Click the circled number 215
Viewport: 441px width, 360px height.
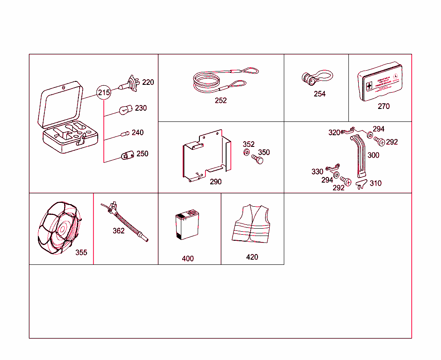pos(104,93)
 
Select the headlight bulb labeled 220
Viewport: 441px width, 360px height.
pos(129,84)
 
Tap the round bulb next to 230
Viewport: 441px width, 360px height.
pos(125,110)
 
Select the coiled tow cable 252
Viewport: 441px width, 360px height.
pos(220,81)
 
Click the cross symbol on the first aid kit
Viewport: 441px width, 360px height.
pos(369,86)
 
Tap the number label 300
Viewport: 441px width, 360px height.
pos(373,155)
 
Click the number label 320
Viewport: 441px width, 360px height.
pos(334,133)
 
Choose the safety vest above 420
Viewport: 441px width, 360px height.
pos(251,223)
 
